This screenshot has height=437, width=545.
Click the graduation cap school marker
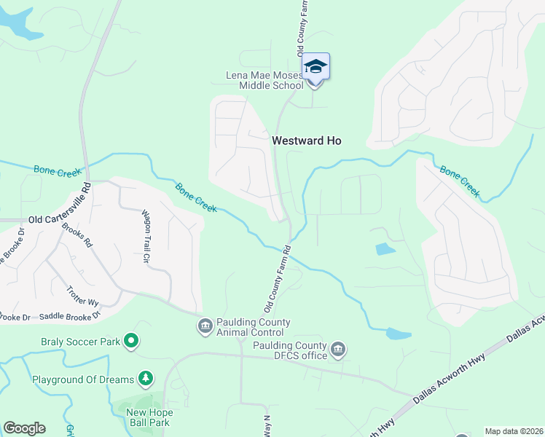[315, 67]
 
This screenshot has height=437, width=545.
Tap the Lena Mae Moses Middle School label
[263, 80]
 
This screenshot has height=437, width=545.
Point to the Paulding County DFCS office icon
[337, 350]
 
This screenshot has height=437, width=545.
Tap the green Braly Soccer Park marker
[131, 340]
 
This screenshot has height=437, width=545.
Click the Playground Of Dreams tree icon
[146, 379]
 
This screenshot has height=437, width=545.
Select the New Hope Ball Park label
[148, 417]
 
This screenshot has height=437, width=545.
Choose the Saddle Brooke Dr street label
[70, 316]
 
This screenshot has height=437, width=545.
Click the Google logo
[24, 428]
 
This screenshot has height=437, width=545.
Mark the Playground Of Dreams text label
[82, 379]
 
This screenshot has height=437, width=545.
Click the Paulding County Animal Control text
[254, 327]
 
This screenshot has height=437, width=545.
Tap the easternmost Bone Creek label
[460, 181]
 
